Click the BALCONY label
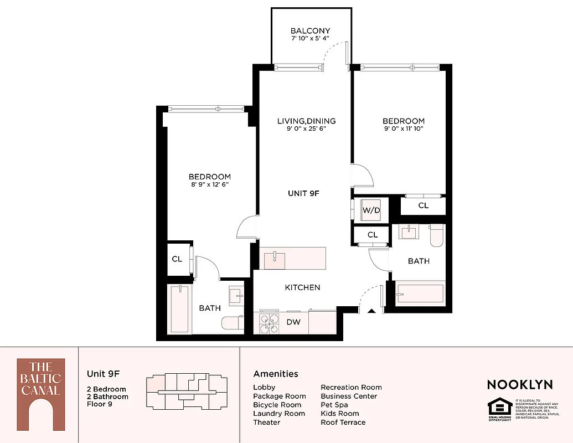(x=310, y=31)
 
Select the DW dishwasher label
(x=293, y=322)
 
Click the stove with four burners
(x=269, y=323)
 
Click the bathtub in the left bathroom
(x=180, y=309)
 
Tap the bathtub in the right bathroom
(x=420, y=294)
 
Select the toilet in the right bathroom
(x=437, y=235)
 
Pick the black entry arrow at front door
(x=371, y=311)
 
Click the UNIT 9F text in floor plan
(x=304, y=193)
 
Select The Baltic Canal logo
(x=40, y=394)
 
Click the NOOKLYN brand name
(x=519, y=384)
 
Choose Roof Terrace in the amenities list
(x=343, y=422)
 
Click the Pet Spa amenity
(x=334, y=405)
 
